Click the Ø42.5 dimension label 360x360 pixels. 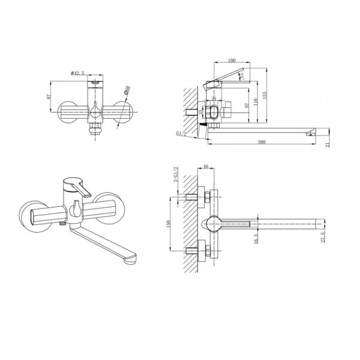79,73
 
